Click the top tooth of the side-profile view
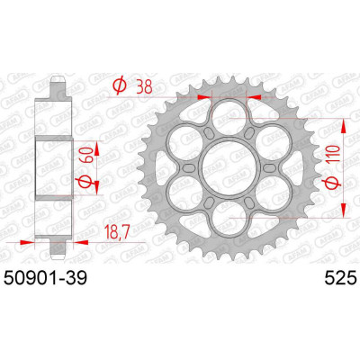point(59,84)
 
